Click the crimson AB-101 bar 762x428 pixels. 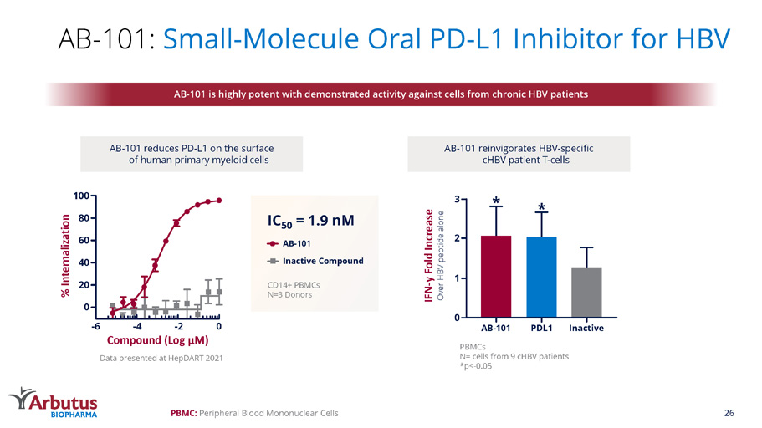(x=496, y=276)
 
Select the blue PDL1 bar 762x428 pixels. (x=541, y=277)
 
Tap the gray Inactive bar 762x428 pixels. (x=586, y=292)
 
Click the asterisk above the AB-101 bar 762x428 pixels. (x=497, y=201)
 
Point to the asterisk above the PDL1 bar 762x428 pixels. (x=542, y=206)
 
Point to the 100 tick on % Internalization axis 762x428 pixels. (x=81, y=196)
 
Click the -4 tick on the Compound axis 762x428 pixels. (x=136, y=327)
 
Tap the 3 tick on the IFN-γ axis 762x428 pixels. (x=456, y=199)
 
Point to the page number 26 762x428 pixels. (x=729, y=413)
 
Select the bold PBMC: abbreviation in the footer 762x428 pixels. (x=184, y=413)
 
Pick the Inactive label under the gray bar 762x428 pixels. (x=586, y=327)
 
